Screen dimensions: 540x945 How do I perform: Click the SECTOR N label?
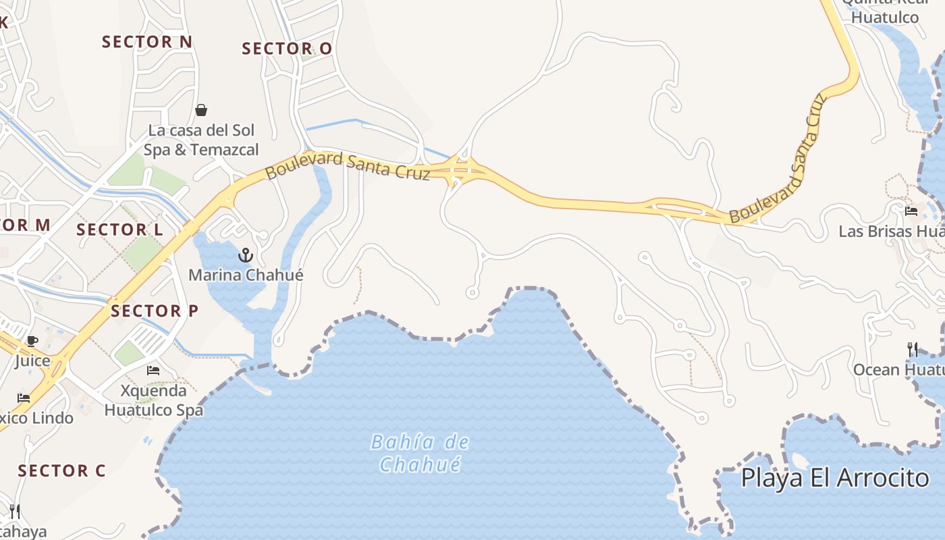147,42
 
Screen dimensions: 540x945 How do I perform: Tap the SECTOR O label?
287,49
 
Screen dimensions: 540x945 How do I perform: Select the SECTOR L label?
119,230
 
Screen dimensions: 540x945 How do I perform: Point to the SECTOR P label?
155,311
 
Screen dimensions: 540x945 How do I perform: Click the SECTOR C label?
62,470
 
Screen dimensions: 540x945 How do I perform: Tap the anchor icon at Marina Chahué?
246,255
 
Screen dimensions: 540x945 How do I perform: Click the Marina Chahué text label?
246,275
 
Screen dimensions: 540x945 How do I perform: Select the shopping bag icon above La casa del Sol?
201,110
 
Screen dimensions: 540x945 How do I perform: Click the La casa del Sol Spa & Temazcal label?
201,140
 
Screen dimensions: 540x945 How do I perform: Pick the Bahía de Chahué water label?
420,453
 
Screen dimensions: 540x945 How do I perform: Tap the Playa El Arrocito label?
835,477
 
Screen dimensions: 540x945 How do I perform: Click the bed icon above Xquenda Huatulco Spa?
153,371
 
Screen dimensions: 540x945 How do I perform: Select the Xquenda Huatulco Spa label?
153,400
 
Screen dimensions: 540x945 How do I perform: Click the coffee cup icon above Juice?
32,342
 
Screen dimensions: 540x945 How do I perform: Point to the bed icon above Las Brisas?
911,211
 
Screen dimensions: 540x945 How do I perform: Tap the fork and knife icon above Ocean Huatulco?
913,349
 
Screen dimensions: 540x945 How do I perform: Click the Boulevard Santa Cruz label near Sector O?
348,166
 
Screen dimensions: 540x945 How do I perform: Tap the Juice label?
32,360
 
